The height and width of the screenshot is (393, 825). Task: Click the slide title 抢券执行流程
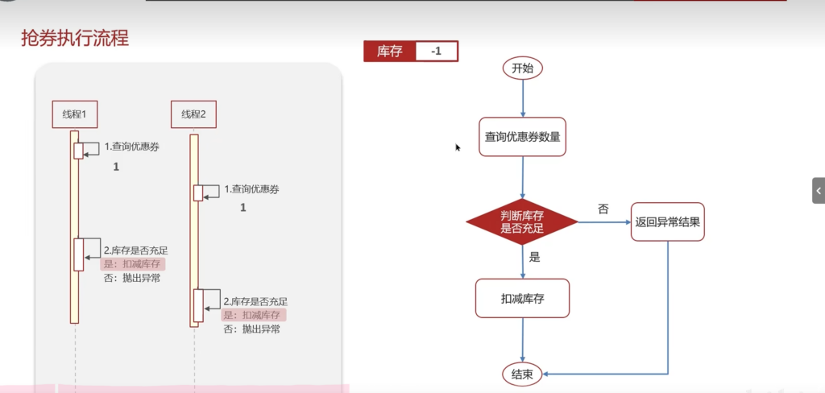75,39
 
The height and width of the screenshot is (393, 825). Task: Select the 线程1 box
75,114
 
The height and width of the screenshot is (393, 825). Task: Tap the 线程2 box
193,114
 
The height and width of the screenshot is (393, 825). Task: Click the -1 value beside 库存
436,52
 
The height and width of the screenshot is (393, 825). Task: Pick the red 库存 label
389,52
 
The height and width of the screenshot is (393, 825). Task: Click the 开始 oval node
522,68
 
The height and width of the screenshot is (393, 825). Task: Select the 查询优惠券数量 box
522,137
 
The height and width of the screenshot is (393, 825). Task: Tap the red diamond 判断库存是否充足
522,222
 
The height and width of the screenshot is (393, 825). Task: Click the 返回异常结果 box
668,222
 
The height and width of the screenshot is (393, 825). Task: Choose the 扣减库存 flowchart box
522,298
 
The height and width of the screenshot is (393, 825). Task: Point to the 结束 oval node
522,374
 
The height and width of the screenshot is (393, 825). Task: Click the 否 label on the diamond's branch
603,209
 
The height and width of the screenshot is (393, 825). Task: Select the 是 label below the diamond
535,257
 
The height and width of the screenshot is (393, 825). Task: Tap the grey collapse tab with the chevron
819,190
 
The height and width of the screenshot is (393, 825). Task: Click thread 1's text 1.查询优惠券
131,147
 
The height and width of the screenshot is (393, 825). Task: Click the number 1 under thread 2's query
243,208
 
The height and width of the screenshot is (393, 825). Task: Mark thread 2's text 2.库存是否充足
255,302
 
